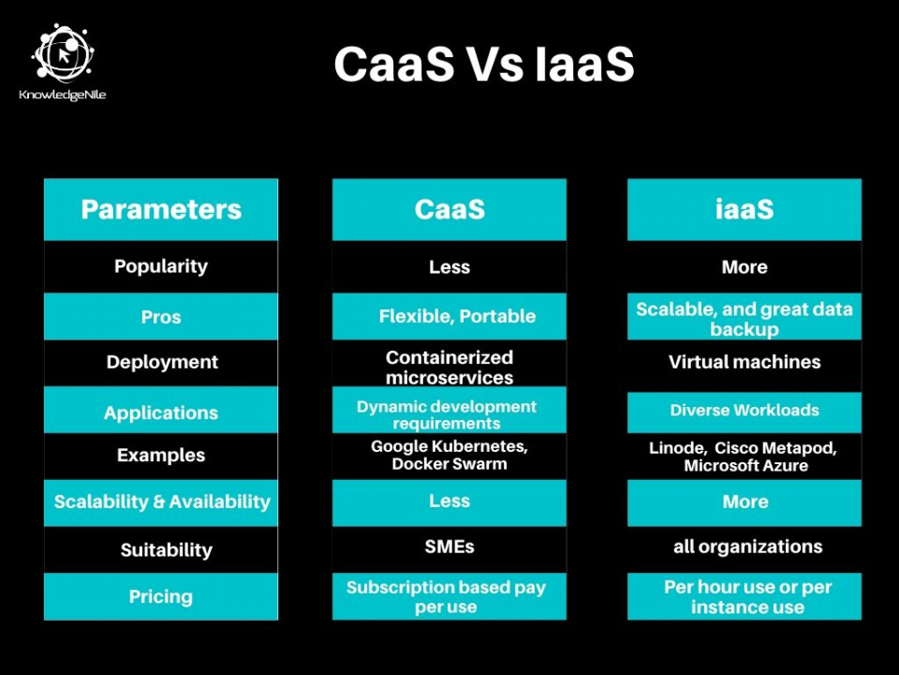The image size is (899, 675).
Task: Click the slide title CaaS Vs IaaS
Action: tap(484, 65)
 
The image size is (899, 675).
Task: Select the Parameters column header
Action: tap(161, 209)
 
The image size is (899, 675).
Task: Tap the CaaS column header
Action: tap(449, 209)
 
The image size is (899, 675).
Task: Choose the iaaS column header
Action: tap(744, 209)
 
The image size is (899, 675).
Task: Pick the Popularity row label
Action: tap(161, 266)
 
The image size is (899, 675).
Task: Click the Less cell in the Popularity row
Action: tap(449, 267)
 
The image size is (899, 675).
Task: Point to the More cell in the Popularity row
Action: tap(744, 267)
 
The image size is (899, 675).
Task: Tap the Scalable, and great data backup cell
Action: tap(744, 319)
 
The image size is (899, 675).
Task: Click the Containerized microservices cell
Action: tap(449, 367)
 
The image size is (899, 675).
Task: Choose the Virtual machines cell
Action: tap(744, 362)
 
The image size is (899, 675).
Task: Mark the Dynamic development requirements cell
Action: tap(447, 414)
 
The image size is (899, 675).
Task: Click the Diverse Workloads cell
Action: tap(744, 411)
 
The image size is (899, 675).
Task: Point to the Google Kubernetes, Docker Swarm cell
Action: tap(449, 455)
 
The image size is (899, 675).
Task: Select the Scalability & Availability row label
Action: tap(162, 502)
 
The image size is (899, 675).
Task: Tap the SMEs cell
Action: tap(449, 547)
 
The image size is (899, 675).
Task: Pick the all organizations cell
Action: tap(747, 547)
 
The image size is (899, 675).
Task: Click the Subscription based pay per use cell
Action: tap(446, 596)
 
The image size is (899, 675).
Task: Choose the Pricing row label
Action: tap(161, 596)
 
